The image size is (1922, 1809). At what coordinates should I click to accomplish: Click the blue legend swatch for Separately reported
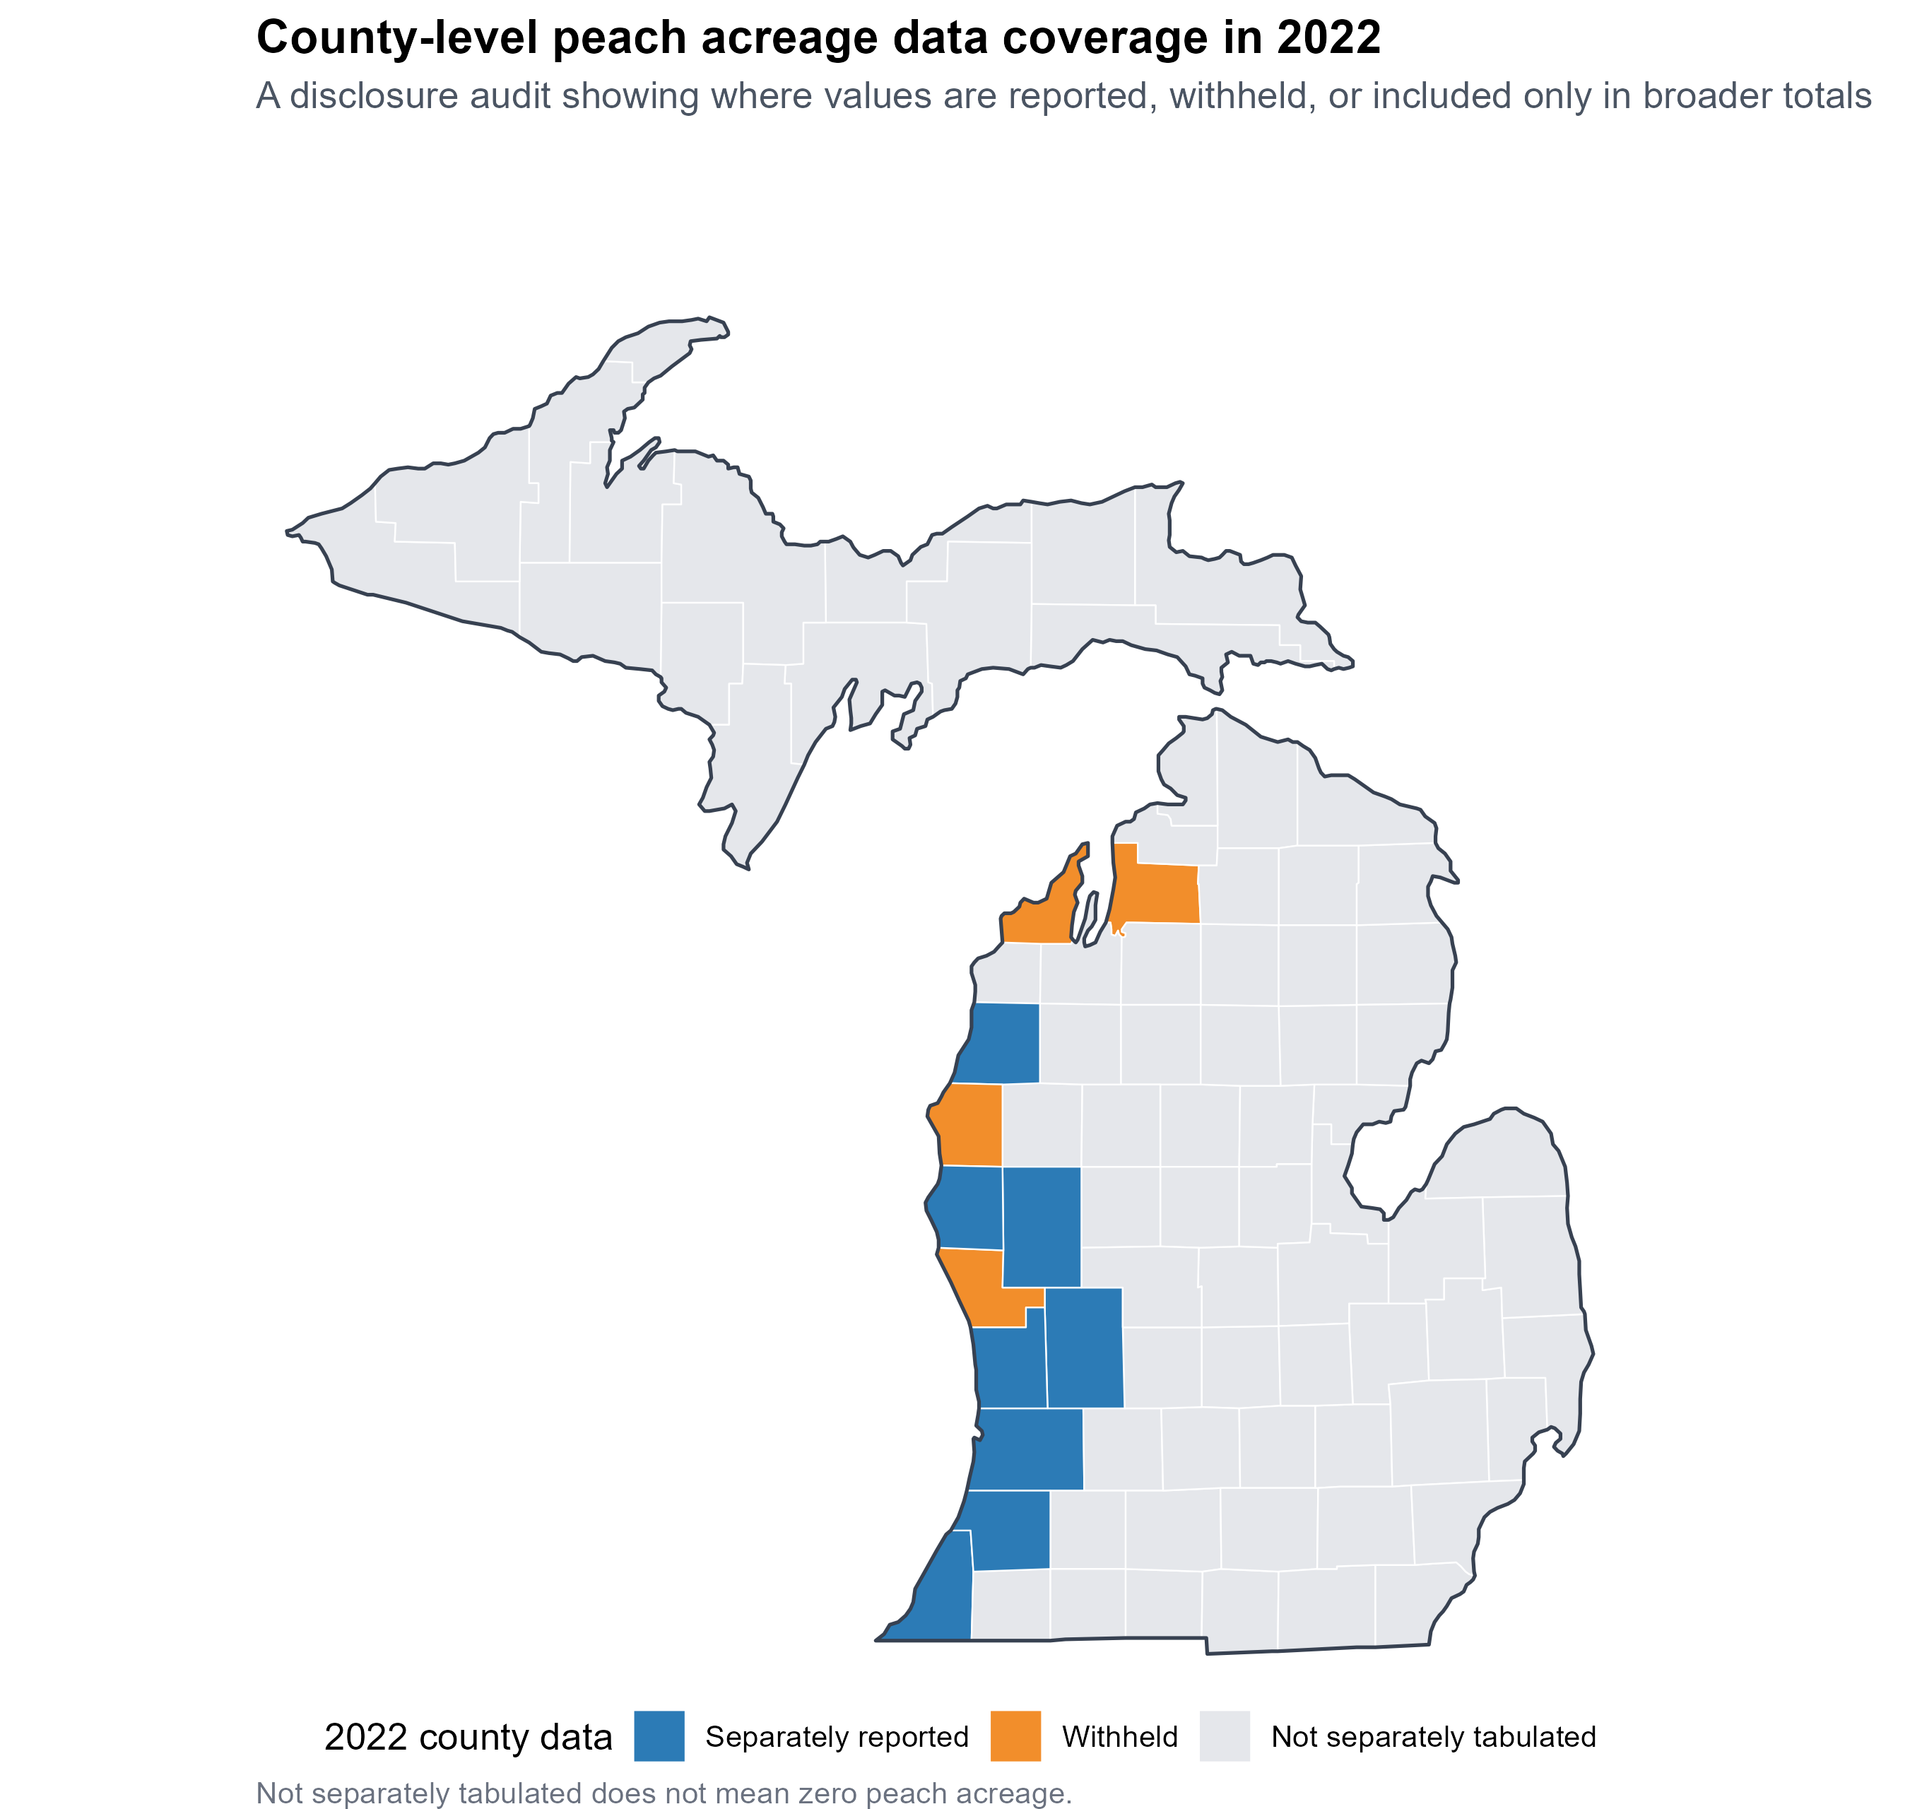pyautogui.click(x=659, y=1736)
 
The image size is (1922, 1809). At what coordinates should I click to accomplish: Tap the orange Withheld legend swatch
pyautogui.click(x=1016, y=1736)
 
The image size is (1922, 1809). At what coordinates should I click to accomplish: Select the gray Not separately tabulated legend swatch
pyautogui.click(x=1225, y=1736)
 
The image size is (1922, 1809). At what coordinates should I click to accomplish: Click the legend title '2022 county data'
pyautogui.click(x=468, y=1738)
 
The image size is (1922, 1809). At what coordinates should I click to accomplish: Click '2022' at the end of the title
pyautogui.click(x=1328, y=39)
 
